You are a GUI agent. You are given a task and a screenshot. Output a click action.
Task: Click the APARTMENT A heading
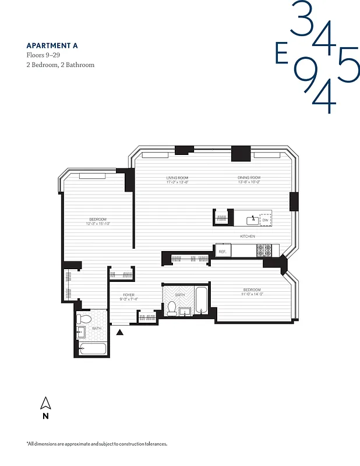[x=52, y=45]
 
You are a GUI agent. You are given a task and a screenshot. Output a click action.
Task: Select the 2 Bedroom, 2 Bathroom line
[x=61, y=65]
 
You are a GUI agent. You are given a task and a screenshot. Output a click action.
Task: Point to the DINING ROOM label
[x=249, y=178]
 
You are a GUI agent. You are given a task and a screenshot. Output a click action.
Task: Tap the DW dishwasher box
[x=265, y=220]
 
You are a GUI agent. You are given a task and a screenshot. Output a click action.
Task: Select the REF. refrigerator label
[x=223, y=251]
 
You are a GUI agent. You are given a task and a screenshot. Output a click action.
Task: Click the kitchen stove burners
[x=264, y=250]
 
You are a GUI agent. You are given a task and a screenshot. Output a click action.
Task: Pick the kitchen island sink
[x=252, y=220]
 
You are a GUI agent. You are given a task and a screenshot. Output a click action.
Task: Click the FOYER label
[x=129, y=295]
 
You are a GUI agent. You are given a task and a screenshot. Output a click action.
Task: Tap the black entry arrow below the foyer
[x=120, y=332]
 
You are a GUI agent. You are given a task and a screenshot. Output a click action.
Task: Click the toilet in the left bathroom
[x=84, y=319]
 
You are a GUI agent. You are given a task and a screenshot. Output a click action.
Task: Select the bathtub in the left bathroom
[x=93, y=348]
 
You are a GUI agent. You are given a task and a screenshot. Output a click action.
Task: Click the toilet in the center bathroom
[x=172, y=309]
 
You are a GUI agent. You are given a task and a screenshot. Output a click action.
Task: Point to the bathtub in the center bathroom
[x=201, y=301]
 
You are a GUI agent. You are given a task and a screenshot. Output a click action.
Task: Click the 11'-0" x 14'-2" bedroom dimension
[x=252, y=294]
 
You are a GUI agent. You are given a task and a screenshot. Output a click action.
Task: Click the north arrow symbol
[x=45, y=403]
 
